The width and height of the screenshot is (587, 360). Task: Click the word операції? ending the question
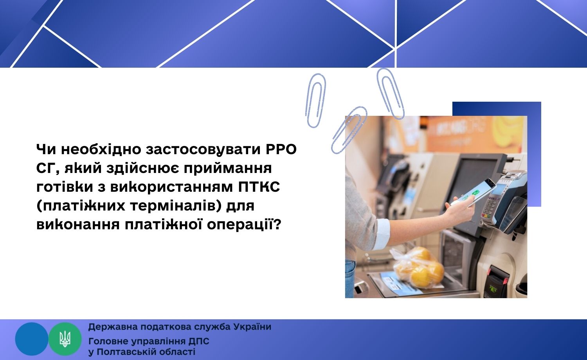(244, 225)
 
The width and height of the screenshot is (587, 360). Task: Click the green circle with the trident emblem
(65, 339)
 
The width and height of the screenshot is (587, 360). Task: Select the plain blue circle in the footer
(32, 339)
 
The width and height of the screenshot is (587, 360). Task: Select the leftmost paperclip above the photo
(315, 101)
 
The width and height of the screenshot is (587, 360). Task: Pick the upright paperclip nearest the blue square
(391, 94)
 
